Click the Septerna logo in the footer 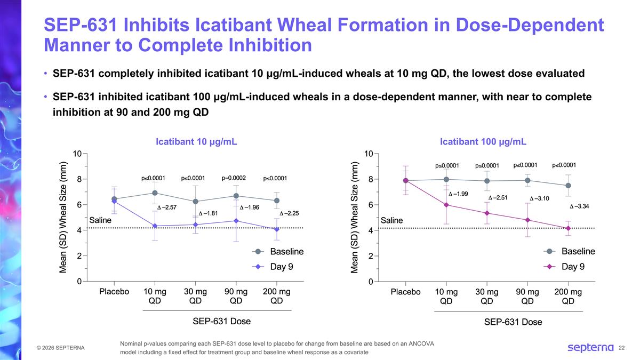point(590,348)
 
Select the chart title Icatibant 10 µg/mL point(196,142)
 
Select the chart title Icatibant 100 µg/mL point(483,142)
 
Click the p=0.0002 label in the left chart point(233,178)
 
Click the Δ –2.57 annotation point(166,207)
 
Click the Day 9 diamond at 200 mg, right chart point(568,228)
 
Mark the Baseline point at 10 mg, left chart point(155,193)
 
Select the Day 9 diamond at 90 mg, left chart point(236,221)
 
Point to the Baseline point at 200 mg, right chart point(568,186)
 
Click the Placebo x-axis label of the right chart point(405,292)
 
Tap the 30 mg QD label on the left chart point(195,296)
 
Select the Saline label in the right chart point(391,220)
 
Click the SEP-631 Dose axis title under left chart point(221,321)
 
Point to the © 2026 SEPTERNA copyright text point(60,348)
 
